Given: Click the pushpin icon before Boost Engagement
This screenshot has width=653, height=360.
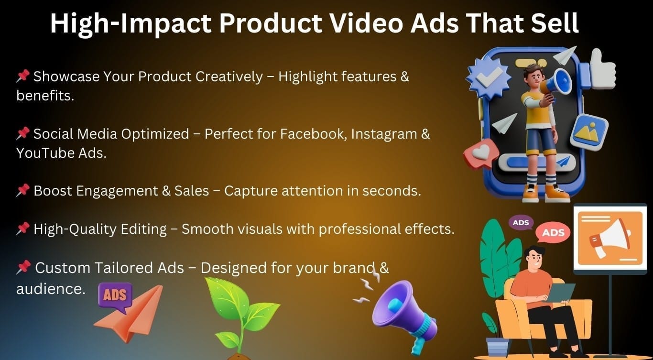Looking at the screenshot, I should (x=22, y=191).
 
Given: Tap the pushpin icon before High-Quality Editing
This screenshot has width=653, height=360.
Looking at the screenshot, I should (x=22, y=229).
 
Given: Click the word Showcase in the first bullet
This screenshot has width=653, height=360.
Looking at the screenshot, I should (x=63, y=76).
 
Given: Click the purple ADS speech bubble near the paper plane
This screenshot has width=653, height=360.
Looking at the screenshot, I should (x=115, y=295).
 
